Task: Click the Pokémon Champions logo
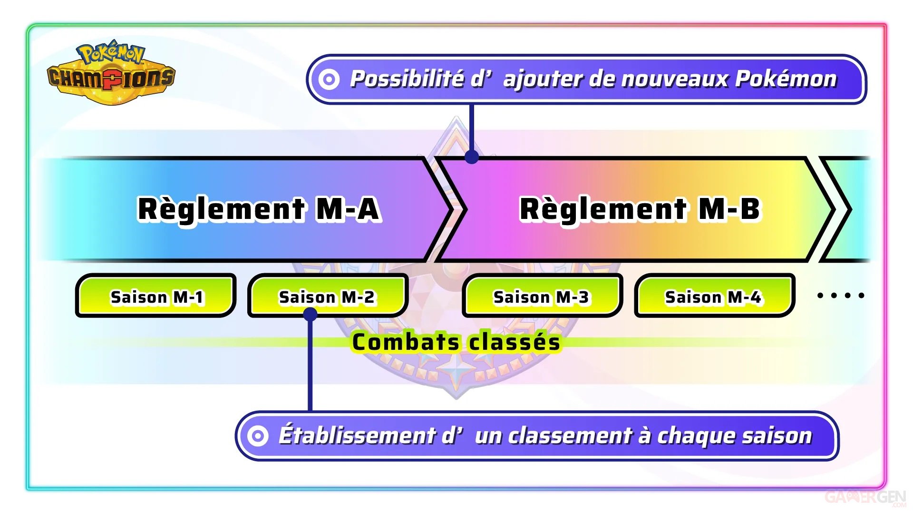111,72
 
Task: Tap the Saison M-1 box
156,296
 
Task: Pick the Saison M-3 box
542,296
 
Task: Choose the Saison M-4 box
714,296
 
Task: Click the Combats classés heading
456,342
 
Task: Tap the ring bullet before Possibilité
329,79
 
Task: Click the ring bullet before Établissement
258,435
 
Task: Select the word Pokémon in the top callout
786,79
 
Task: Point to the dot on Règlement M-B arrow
471,157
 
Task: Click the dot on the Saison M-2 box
310,314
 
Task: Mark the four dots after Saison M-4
840,296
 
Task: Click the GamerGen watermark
865,498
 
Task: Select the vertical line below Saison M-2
310,366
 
